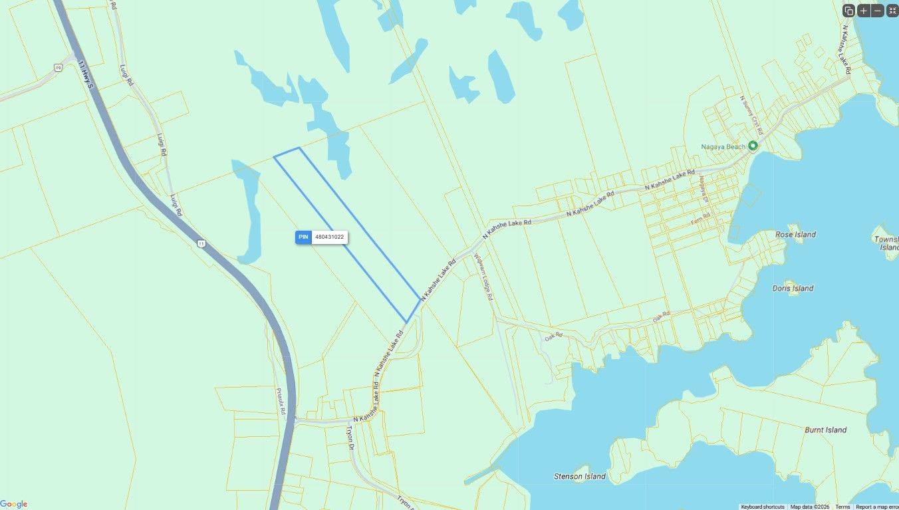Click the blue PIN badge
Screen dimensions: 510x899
303,237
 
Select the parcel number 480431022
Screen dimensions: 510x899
329,237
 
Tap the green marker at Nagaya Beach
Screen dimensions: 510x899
753,146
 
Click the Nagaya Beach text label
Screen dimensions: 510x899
723,146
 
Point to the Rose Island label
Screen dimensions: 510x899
795,235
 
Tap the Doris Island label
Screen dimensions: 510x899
793,289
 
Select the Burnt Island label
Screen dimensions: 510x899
825,430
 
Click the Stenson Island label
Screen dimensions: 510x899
579,476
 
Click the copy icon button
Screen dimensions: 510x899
848,11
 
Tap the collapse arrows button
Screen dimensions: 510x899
891,11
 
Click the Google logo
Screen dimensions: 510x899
14,504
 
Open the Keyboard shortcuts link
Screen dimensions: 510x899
762,507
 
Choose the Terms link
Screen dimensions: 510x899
842,507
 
